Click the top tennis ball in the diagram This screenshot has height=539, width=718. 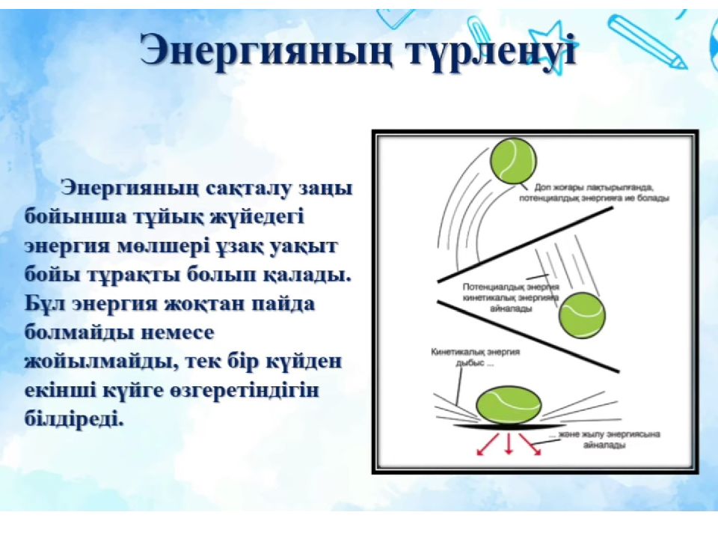[513, 162]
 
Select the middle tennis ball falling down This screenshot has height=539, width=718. [583, 315]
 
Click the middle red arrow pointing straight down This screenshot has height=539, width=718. [509, 442]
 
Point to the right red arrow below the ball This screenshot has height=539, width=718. [530, 444]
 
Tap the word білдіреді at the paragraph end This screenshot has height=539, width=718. [74, 418]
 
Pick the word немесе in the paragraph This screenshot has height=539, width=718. [177, 332]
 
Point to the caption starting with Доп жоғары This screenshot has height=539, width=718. [595, 193]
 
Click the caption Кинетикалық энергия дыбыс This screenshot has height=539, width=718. [476, 357]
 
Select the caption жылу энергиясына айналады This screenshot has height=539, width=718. [604, 439]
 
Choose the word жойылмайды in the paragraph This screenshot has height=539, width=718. [101, 362]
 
